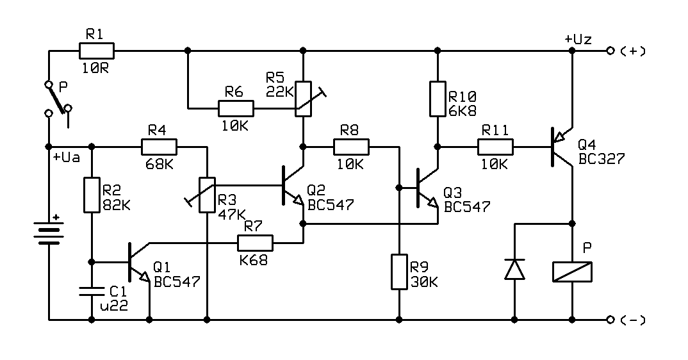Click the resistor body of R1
[x=97, y=51]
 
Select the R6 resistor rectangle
[x=236, y=108]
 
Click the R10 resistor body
[x=438, y=99]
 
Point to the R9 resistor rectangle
[x=399, y=272]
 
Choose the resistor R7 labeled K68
[x=255, y=243]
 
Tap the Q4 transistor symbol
[x=562, y=147]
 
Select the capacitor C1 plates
[x=92, y=291]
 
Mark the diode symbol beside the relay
[x=514, y=270]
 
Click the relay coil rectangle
[x=571, y=272]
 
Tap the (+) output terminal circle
[x=610, y=51]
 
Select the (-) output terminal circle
[x=610, y=320]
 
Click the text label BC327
[x=602, y=158]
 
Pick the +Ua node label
[x=67, y=158]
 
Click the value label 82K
[x=117, y=205]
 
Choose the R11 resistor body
[x=495, y=147]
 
